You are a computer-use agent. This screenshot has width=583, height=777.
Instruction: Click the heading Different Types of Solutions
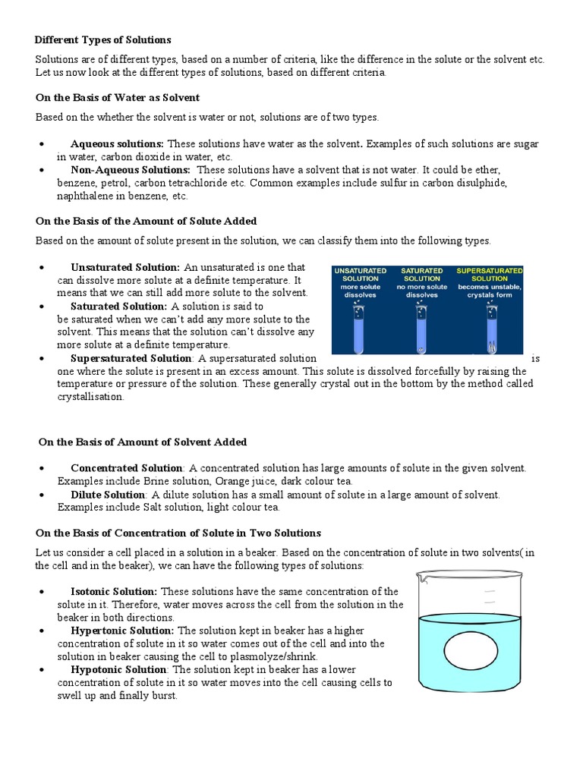103,39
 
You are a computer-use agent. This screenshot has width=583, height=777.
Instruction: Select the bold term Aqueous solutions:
117,143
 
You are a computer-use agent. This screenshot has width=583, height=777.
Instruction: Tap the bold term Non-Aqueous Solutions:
130,170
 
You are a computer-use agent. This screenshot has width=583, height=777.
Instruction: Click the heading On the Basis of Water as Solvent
118,98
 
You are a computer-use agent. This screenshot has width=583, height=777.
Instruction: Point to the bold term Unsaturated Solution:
124,267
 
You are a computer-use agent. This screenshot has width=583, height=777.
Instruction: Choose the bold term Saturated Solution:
118,306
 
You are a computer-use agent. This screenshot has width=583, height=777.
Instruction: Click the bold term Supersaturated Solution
131,358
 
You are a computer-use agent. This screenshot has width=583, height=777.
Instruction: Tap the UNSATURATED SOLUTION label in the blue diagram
360,275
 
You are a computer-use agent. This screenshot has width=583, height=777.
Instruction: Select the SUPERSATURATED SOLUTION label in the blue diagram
489,275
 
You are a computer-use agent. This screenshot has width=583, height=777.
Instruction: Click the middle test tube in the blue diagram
422,326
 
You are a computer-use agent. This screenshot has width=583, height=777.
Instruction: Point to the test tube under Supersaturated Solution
490,326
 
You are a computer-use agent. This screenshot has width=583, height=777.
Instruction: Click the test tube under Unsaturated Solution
359,326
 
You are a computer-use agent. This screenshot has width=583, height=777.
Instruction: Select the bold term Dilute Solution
107,495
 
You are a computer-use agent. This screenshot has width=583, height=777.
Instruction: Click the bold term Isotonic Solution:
114,591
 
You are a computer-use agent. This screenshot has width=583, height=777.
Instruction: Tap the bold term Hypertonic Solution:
122,631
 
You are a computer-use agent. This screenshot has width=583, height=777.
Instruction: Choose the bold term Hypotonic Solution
118,669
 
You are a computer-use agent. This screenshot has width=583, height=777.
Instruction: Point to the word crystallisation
90,397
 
